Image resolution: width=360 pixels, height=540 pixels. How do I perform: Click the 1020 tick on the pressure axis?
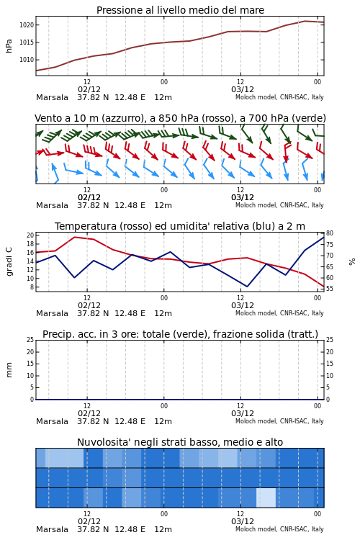[x=26, y=24]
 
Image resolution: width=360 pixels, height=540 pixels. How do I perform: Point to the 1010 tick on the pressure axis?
[x=26, y=60]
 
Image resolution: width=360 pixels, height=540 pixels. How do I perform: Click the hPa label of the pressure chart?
[x=9, y=46]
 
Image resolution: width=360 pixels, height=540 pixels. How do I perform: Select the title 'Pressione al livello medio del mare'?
[x=180, y=10]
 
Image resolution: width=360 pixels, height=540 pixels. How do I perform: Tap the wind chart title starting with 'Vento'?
[x=180, y=118]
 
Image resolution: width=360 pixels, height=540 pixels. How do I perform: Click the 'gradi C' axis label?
[x=9, y=261]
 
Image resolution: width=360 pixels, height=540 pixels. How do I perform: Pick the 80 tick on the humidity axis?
[x=330, y=233]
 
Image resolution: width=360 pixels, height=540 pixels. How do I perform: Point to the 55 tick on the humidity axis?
[x=330, y=289]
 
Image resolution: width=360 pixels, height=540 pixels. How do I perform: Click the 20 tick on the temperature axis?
[x=30, y=235]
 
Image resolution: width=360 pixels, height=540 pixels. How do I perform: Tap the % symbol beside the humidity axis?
[x=352, y=262]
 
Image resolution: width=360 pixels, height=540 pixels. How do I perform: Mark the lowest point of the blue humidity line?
[x=247, y=287]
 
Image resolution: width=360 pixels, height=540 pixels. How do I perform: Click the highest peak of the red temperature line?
[x=75, y=237]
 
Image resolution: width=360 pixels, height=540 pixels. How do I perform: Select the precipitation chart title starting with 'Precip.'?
[x=180, y=334]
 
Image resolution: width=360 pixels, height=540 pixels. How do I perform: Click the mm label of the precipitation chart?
[x=9, y=370]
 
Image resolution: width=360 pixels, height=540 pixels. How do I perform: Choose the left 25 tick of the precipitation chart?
[x=30, y=340]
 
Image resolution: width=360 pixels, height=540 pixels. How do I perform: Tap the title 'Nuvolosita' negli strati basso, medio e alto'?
[x=180, y=442]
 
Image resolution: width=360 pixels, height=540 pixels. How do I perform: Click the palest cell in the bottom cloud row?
[x=266, y=498]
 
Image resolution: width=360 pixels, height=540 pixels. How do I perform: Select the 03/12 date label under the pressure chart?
[x=243, y=89]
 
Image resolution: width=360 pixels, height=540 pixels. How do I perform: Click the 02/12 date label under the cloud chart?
[x=89, y=521]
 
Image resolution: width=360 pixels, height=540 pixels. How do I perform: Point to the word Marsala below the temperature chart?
[x=52, y=313]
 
